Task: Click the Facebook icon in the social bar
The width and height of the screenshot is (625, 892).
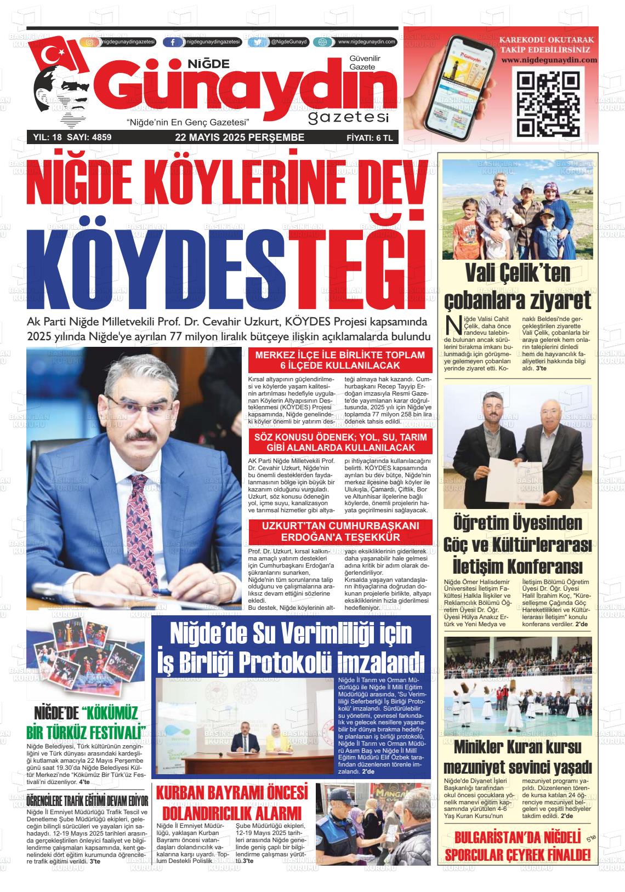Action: [173, 42]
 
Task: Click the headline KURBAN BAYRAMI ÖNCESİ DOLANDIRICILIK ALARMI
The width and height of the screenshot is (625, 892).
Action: [232, 802]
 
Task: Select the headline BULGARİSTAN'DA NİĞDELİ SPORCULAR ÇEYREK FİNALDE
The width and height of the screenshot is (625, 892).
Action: [518, 847]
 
